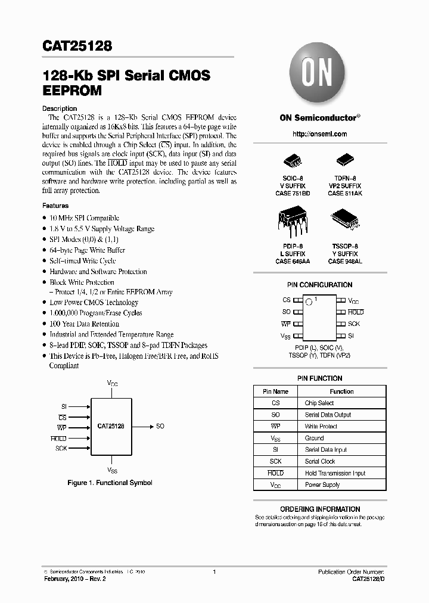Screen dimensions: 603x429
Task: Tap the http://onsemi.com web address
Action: point(320,134)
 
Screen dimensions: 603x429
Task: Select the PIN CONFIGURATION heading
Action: point(320,285)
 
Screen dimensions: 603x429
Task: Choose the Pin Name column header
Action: point(275,391)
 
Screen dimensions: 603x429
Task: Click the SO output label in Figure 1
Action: point(160,427)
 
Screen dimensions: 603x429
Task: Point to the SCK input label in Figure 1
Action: point(61,448)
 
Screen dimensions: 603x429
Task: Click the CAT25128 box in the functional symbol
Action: point(111,427)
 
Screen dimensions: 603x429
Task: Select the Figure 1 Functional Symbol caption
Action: point(110,483)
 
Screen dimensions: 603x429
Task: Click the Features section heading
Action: point(55,206)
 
